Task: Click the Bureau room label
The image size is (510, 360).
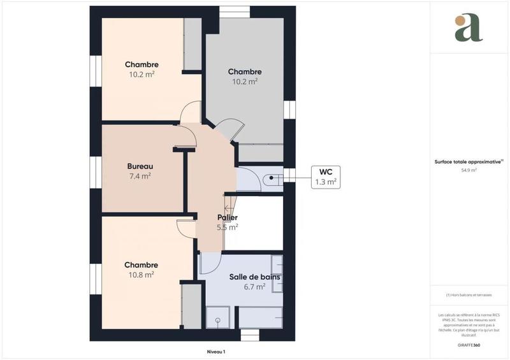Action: pyautogui.click(x=140, y=166)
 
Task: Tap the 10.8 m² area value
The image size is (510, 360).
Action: pyautogui.click(x=141, y=275)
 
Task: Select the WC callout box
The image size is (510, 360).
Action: pyautogui.click(x=324, y=176)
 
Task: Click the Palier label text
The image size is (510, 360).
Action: pyautogui.click(x=228, y=217)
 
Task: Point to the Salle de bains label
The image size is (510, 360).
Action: pyautogui.click(x=255, y=277)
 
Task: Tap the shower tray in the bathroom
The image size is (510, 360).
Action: pyautogui.click(x=220, y=315)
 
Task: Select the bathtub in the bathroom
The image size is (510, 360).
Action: pyautogui.click(x=260, y=316)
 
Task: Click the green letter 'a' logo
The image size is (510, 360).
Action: pyautogui.click(x=469, y=27)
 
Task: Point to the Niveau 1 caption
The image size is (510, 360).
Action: pyautogui.click(x=216, y=351)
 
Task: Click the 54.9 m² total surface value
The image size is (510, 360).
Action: pyautogui.click(x=469, y=170)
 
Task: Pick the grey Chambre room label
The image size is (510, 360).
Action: pyautogui.click(x=245, y=72)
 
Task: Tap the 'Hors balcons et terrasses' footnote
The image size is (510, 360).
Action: pyautogui.click(x=469, y=294)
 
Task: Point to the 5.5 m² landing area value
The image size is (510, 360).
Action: pyautogui.click(x=228, y=227)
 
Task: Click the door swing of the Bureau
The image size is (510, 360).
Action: pyautogui.click(x=186, y=134)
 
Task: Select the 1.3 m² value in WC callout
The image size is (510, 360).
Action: pyautogui.click(x=325, y=182)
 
